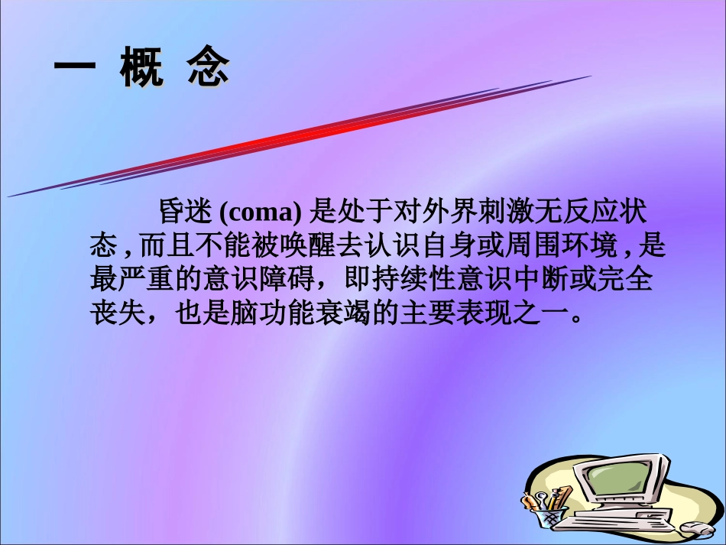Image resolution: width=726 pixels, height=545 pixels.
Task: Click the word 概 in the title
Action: [142, 70]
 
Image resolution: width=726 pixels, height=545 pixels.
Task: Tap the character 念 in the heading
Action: [208, 70]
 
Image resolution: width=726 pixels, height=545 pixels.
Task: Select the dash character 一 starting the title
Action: [74, 70]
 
